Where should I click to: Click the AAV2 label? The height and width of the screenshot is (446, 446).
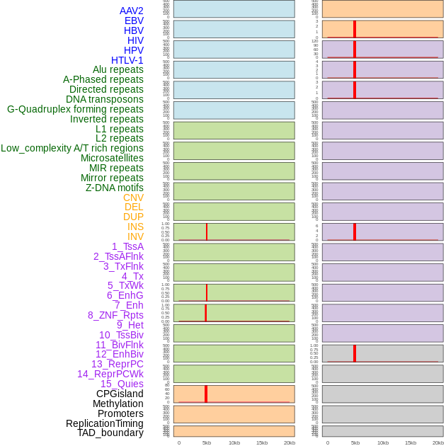point(131,11)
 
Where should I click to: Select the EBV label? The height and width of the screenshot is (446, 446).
point(134,21)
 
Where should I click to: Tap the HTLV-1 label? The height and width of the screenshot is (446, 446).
point(127,60)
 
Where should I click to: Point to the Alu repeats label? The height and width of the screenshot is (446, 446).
point(118,69)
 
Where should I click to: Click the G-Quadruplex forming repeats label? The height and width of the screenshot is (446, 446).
point(75,109)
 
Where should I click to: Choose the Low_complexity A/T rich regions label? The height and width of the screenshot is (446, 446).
point(72,148)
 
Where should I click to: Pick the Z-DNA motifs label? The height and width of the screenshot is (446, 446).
point(114,188)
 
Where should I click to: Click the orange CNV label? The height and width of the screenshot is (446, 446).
point(133,198)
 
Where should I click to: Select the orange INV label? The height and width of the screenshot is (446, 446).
point(135,236)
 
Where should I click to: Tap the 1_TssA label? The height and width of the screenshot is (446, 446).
point(127,246)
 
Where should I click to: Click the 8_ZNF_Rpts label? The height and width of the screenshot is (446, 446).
point(115,315)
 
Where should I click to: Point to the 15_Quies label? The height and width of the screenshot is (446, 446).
point(122,384)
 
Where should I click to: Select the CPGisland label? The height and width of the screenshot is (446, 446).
point(120,394)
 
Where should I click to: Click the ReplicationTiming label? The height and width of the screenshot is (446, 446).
point(105,423)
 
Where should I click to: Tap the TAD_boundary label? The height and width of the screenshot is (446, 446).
point(110,433)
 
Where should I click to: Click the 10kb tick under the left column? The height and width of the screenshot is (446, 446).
point(234,442)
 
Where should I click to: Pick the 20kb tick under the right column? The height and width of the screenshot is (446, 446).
point(438,442)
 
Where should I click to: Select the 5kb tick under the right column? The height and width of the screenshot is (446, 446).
point(355,442)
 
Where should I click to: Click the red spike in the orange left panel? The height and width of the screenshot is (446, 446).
point(206,394)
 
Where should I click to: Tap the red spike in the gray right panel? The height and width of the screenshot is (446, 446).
point(355,353)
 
